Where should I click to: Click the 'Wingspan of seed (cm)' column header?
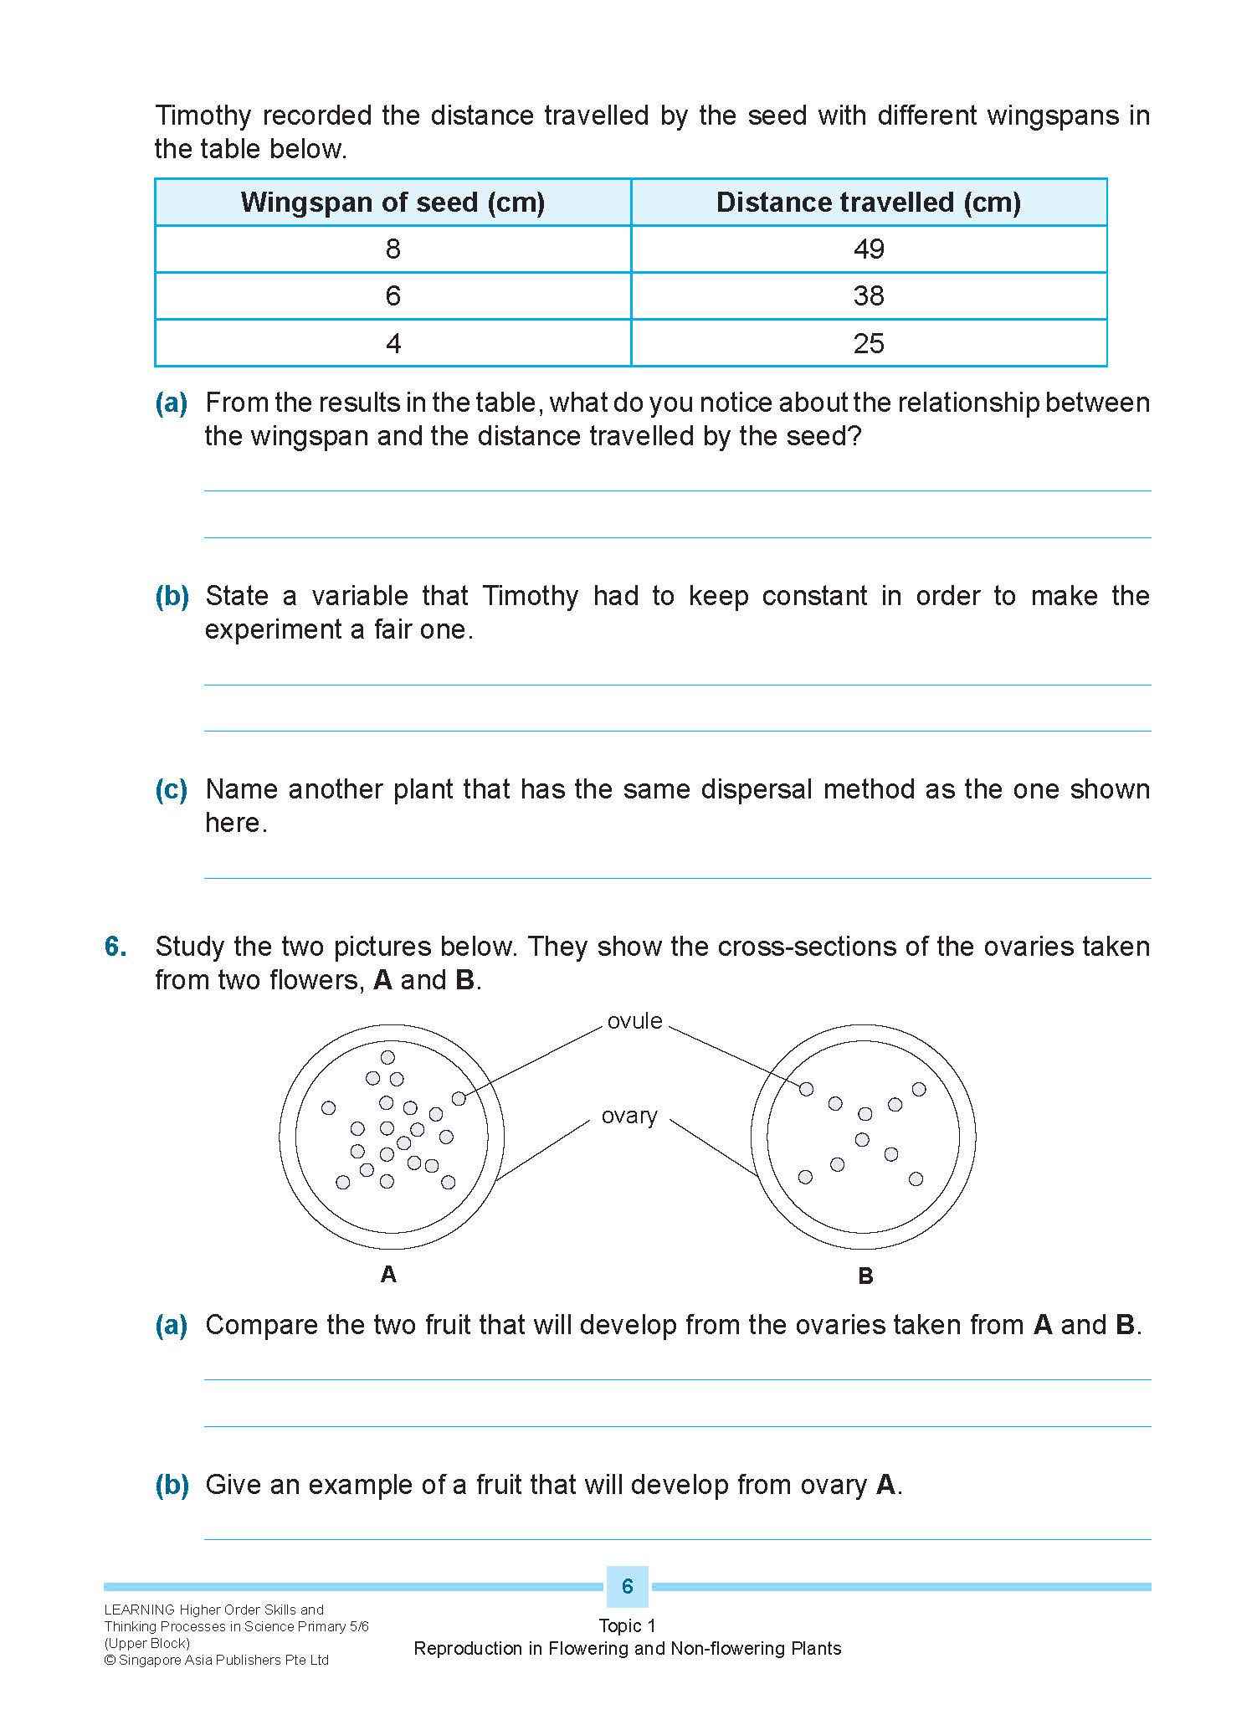point(392,203)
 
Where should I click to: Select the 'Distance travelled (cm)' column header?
point(869,203)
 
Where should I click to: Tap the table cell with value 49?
point(869,249)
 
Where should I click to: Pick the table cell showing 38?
point(869,295)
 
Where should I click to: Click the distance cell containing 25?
point(869,343)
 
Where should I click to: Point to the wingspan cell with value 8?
point(392,249)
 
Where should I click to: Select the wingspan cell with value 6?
point(392,295)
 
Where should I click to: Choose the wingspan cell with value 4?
point(392,343)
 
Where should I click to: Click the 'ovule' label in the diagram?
point(634,1021)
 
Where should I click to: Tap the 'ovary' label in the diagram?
point(629,1116)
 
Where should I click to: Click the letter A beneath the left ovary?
point(388,1274)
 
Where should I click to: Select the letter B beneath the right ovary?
point(865,1276)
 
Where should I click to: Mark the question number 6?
point(116,947)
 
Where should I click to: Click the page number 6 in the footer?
point(628,1586)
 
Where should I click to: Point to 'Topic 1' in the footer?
point(628,1625)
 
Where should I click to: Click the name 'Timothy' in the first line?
point(203,116)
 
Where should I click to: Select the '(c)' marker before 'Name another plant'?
point(172,789)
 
